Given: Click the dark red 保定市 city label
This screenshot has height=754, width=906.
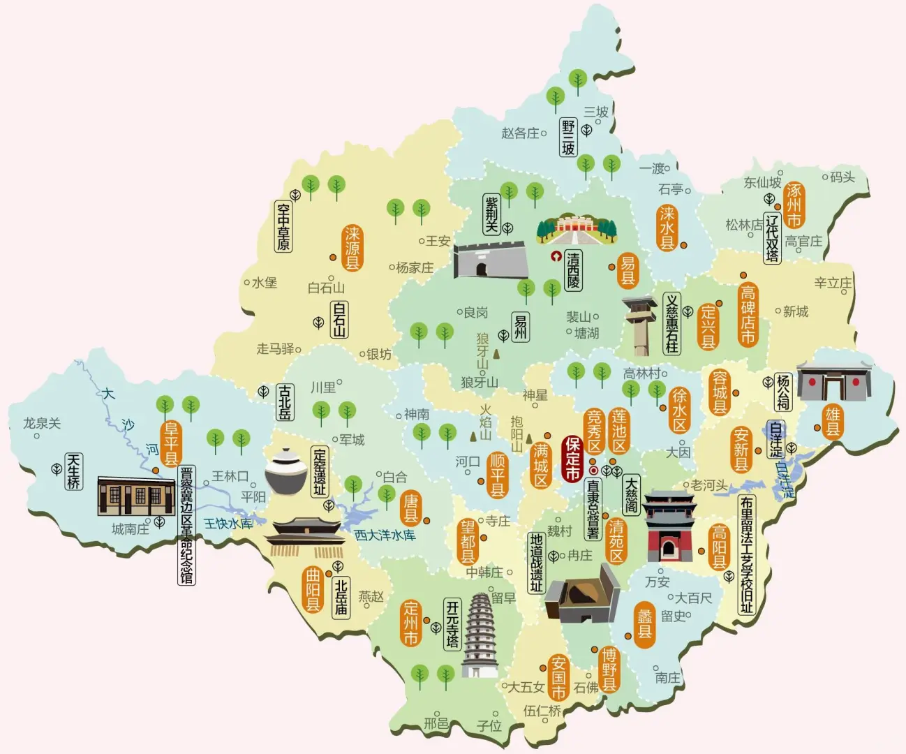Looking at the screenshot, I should pos(572,459).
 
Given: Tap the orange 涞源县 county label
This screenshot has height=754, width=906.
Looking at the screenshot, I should pos(352,248).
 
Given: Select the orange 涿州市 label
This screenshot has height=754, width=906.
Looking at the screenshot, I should pos(794,205).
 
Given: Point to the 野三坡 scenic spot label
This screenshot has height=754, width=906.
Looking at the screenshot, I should pos(568,138).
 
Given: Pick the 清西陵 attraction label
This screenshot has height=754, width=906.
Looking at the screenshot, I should pos(573,271).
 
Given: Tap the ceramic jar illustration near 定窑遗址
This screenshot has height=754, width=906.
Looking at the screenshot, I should pos(286,471).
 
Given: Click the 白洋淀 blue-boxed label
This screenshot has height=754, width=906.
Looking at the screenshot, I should pos(776,439).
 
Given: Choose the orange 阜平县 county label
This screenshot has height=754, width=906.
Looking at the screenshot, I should pos(171,443).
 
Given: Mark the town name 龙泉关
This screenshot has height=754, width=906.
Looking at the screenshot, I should pos(42,423).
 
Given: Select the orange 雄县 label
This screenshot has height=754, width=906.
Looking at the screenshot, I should pos(833,422).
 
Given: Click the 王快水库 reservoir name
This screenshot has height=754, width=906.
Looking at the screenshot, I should pos(228,523).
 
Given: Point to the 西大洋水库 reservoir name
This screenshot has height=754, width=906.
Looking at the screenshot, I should pos(385,535).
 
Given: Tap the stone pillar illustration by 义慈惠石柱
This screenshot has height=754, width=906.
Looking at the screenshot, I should pos(640,326).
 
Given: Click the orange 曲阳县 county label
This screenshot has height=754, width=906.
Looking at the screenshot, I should pos(313,590).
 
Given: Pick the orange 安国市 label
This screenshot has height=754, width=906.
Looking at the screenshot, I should pos(558,677).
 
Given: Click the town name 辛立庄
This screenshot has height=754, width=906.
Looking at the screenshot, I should pos(833,283).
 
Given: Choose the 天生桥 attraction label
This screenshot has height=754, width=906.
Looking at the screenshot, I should pos(73,471).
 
